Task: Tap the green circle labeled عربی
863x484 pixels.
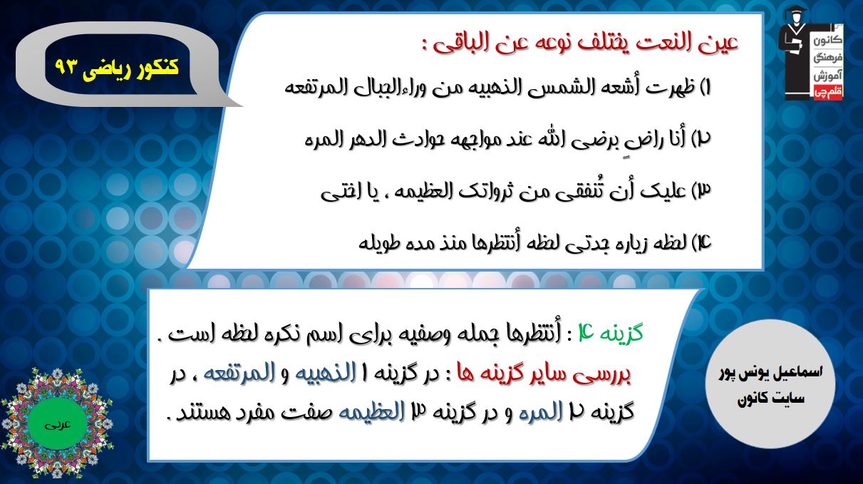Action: [58, 424]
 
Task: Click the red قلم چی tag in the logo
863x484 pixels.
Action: [827, 93]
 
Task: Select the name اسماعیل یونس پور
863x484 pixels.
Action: [770, 373]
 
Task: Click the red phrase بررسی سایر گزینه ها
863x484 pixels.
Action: [544, 374]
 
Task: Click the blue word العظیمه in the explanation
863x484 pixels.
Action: [371, 412]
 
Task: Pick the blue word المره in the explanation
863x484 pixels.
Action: [541, 412]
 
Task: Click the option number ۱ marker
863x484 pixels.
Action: [706, 88]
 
